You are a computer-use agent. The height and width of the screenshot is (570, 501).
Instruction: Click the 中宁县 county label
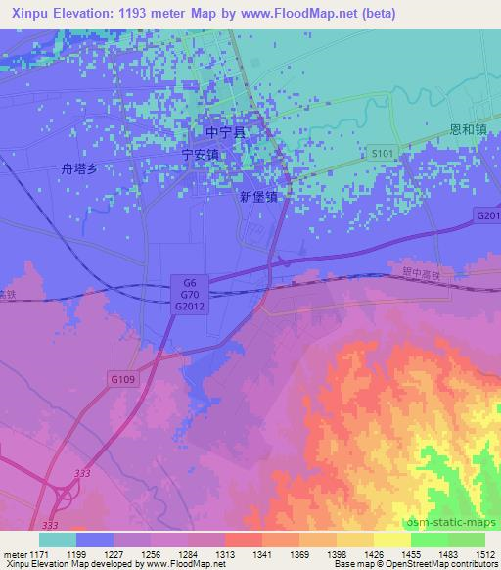click(224, 131)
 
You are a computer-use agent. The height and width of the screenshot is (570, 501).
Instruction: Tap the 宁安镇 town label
click(201, 155)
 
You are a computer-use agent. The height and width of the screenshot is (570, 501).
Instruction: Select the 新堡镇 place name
click(258, 196)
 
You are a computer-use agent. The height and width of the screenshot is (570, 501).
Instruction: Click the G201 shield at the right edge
click(488, 215)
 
